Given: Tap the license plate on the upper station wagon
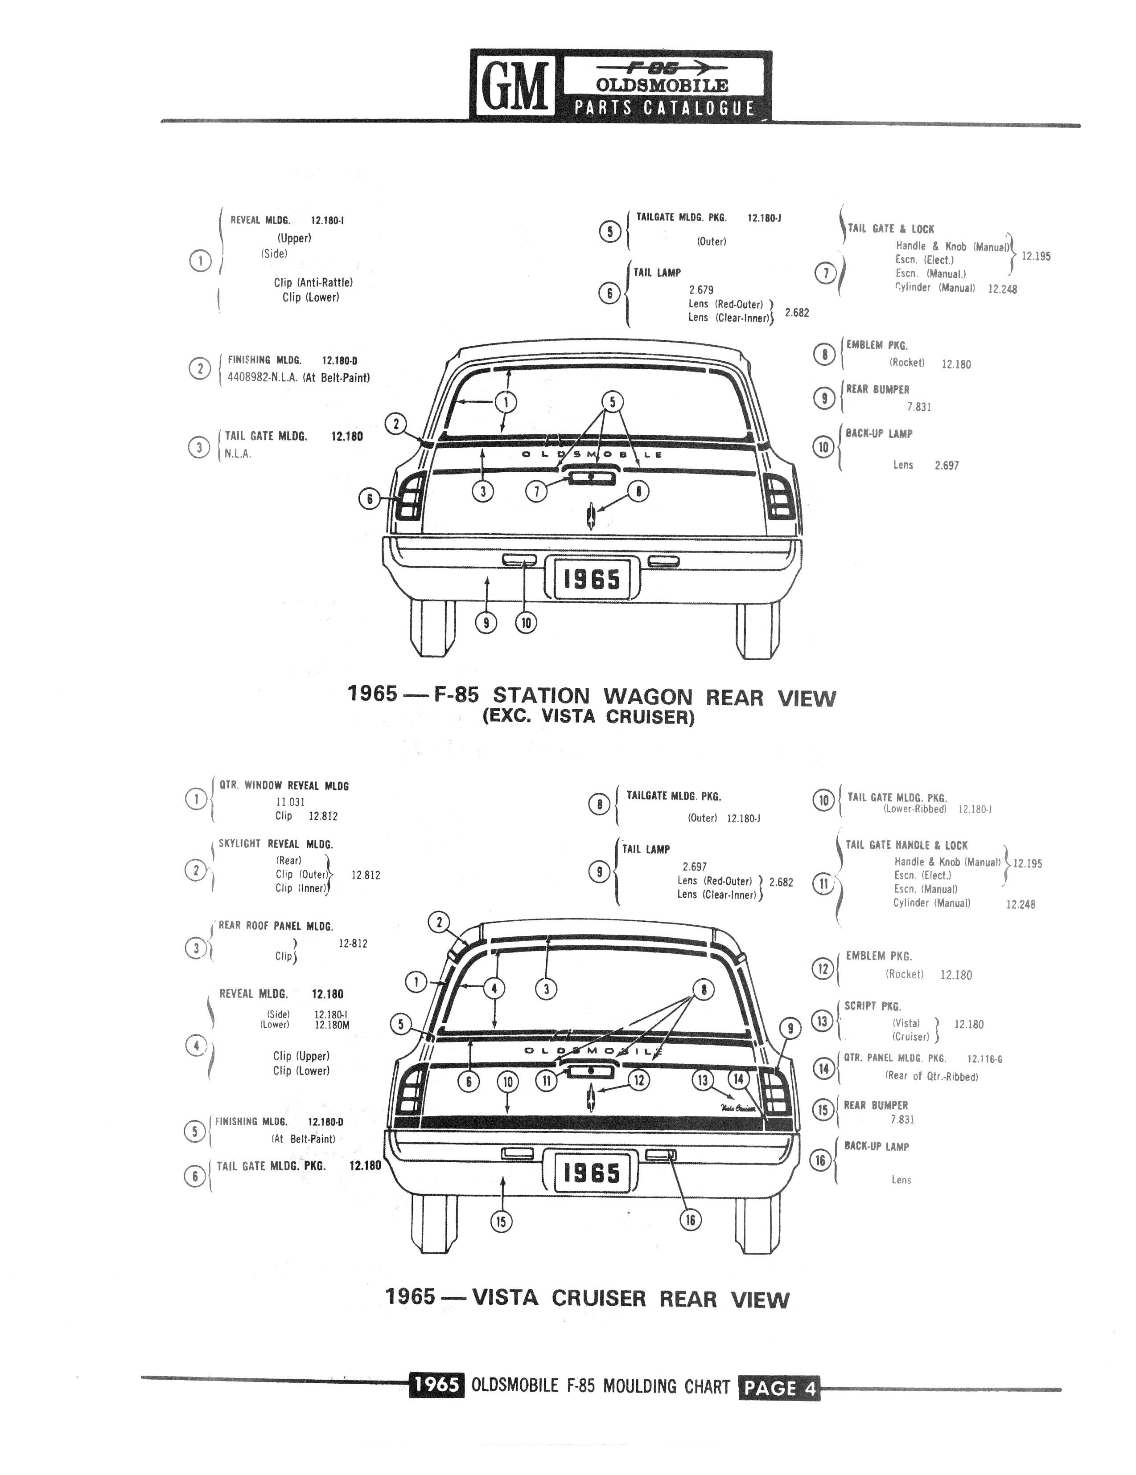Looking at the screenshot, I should coord(591,578).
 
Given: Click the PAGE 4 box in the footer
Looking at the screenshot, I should coord(779,1387).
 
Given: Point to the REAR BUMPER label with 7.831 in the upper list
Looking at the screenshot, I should coord(877,390).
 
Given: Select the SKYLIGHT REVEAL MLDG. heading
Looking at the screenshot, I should coord(276,844).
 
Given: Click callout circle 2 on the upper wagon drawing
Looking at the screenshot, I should coord(396,424).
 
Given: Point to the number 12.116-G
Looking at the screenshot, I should coord(984,1059).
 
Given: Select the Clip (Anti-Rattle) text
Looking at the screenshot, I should coord(313,282).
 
